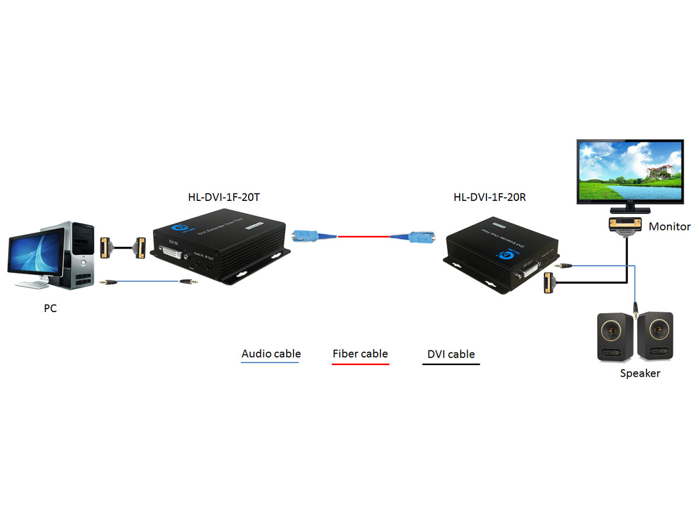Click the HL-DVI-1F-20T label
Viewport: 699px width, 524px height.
224,197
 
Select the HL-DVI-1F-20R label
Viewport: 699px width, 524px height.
489,197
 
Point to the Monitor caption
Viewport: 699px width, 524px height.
669,226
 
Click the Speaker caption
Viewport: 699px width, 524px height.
640,373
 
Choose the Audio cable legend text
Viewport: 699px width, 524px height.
271,353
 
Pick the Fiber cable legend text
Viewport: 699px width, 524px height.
360,353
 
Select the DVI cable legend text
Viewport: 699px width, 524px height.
451,354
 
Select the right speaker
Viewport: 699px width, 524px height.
655,335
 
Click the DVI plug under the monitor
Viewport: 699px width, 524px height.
626,225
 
